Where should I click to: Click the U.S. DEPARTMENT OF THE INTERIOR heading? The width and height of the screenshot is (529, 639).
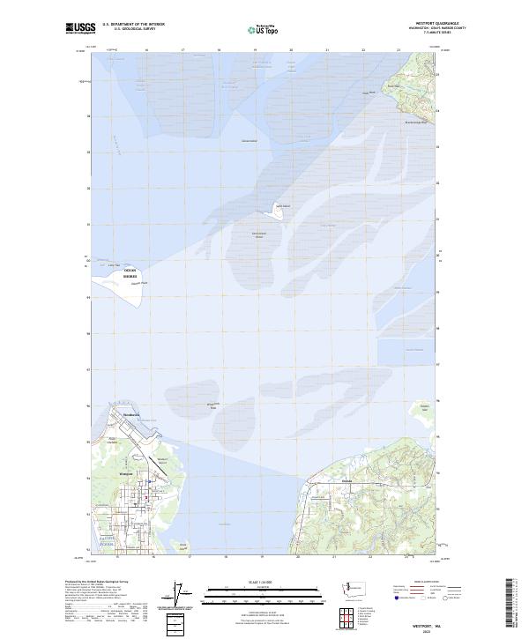click(134, 24)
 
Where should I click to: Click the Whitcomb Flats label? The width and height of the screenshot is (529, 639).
click(212, 405)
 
